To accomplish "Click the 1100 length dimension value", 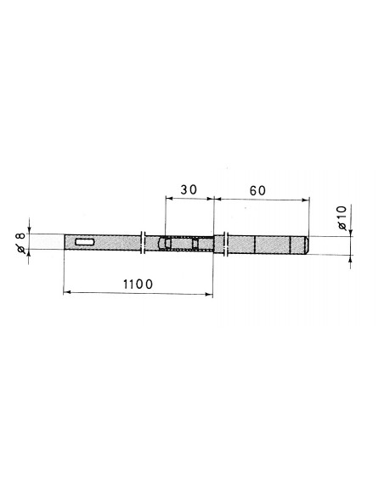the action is pyautogui.click(x=138, y=284).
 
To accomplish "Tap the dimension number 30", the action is pyautogui.click(x=189, y=189).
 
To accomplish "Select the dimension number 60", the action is pyautogui.click(x=257, y=191).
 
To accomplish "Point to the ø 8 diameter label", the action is pyautogui.click(x=21, y=243).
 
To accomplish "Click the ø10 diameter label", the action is pyautogui.click(x=342, y=217).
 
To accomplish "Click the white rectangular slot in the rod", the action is pyautogui.click(x=85, y=242).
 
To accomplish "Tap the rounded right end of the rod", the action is pyautogui.click(x=306, y=245).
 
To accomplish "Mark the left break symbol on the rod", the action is pyautogui.click(x=143, y=242).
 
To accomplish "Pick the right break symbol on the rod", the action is pyautogui.click(x=226, y=244).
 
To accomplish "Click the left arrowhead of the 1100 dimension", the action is pyautogui.click(x=67, y=293).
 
